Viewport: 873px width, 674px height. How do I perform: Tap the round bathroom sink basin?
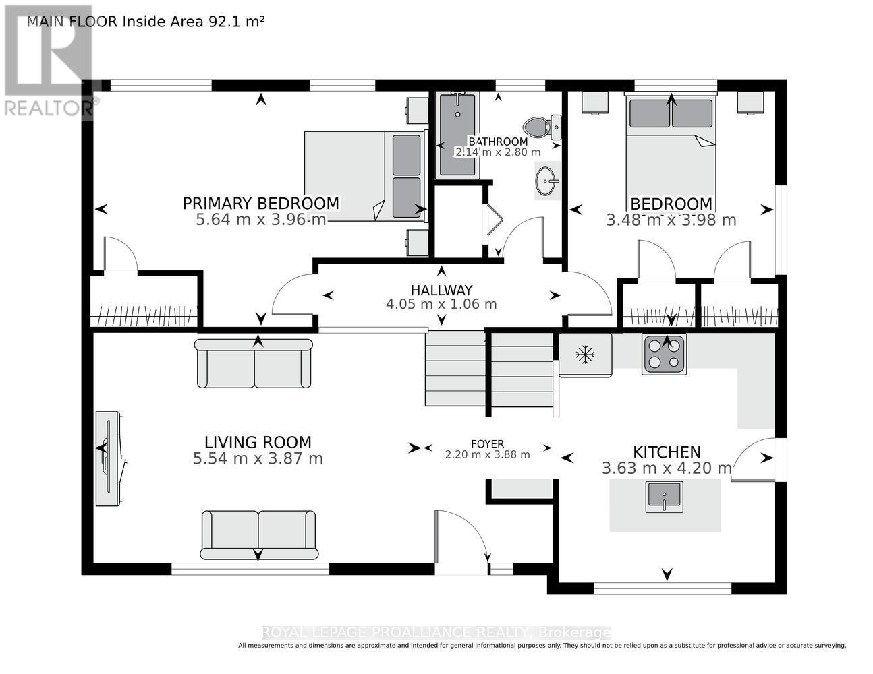click(x=546, y=181)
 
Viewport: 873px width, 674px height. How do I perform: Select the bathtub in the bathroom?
click(x=457, y=134)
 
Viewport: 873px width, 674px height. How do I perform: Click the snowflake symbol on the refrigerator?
click(x=585, y=355)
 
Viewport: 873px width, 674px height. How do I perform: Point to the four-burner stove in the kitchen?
click(x=664, y=354)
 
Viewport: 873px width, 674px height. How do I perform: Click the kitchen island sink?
click(x=664, y=497)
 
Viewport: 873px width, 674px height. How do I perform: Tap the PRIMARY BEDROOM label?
click(x=260, y=204)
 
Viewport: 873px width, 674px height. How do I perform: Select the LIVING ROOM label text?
click(x=258, y=442)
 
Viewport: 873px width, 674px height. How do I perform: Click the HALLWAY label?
click(x=441, y=290)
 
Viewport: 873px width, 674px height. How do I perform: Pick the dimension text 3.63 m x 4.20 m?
click(x=667, y=468)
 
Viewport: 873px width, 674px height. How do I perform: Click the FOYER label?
click(x=487, y=443)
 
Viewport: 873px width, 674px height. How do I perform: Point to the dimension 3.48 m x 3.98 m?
click(x=671, y=220)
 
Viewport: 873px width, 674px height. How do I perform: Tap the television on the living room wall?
click(x=108, y=458)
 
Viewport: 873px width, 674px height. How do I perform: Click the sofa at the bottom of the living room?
click(x=258, y=534)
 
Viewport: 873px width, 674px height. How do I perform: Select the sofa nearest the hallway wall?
click(x=254, y=363)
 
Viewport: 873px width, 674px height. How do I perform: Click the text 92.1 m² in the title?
click(x=235, y=22)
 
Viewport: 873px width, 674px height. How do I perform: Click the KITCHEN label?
click(x=667, y=452)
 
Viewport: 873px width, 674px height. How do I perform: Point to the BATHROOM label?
click(x=498, y=142)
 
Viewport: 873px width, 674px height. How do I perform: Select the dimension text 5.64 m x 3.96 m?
click(x=260, y=220)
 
